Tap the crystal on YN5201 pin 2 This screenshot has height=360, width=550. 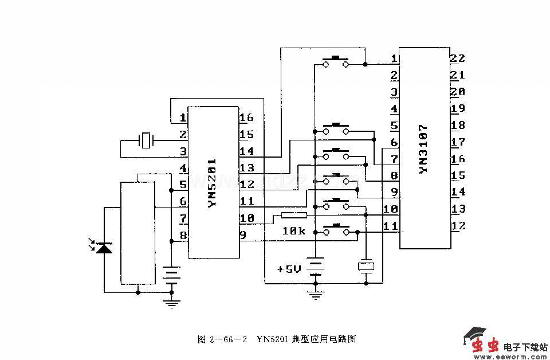pos(147,140)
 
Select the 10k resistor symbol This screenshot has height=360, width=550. pos(294,216)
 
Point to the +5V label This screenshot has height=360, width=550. pos(289,269)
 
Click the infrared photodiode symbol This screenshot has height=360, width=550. pos(104,248)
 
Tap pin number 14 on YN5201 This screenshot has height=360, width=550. pos(246,151)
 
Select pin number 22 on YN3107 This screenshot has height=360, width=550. pos(457,58)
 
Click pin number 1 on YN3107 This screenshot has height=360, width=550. pos(394,58)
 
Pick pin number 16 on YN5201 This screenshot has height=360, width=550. pos(246,118)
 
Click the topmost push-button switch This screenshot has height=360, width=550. pos(336,62)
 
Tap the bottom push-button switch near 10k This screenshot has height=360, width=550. pos(336,230)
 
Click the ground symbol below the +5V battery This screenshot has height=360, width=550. pos(315,296)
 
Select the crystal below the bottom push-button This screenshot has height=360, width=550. pos(366,266)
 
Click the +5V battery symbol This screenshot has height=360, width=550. pos(315,268)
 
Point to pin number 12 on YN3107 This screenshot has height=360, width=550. pos(458,226)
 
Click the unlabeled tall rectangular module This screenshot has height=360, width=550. pos(137,232)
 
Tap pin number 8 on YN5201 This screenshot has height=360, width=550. pos(183,235)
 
